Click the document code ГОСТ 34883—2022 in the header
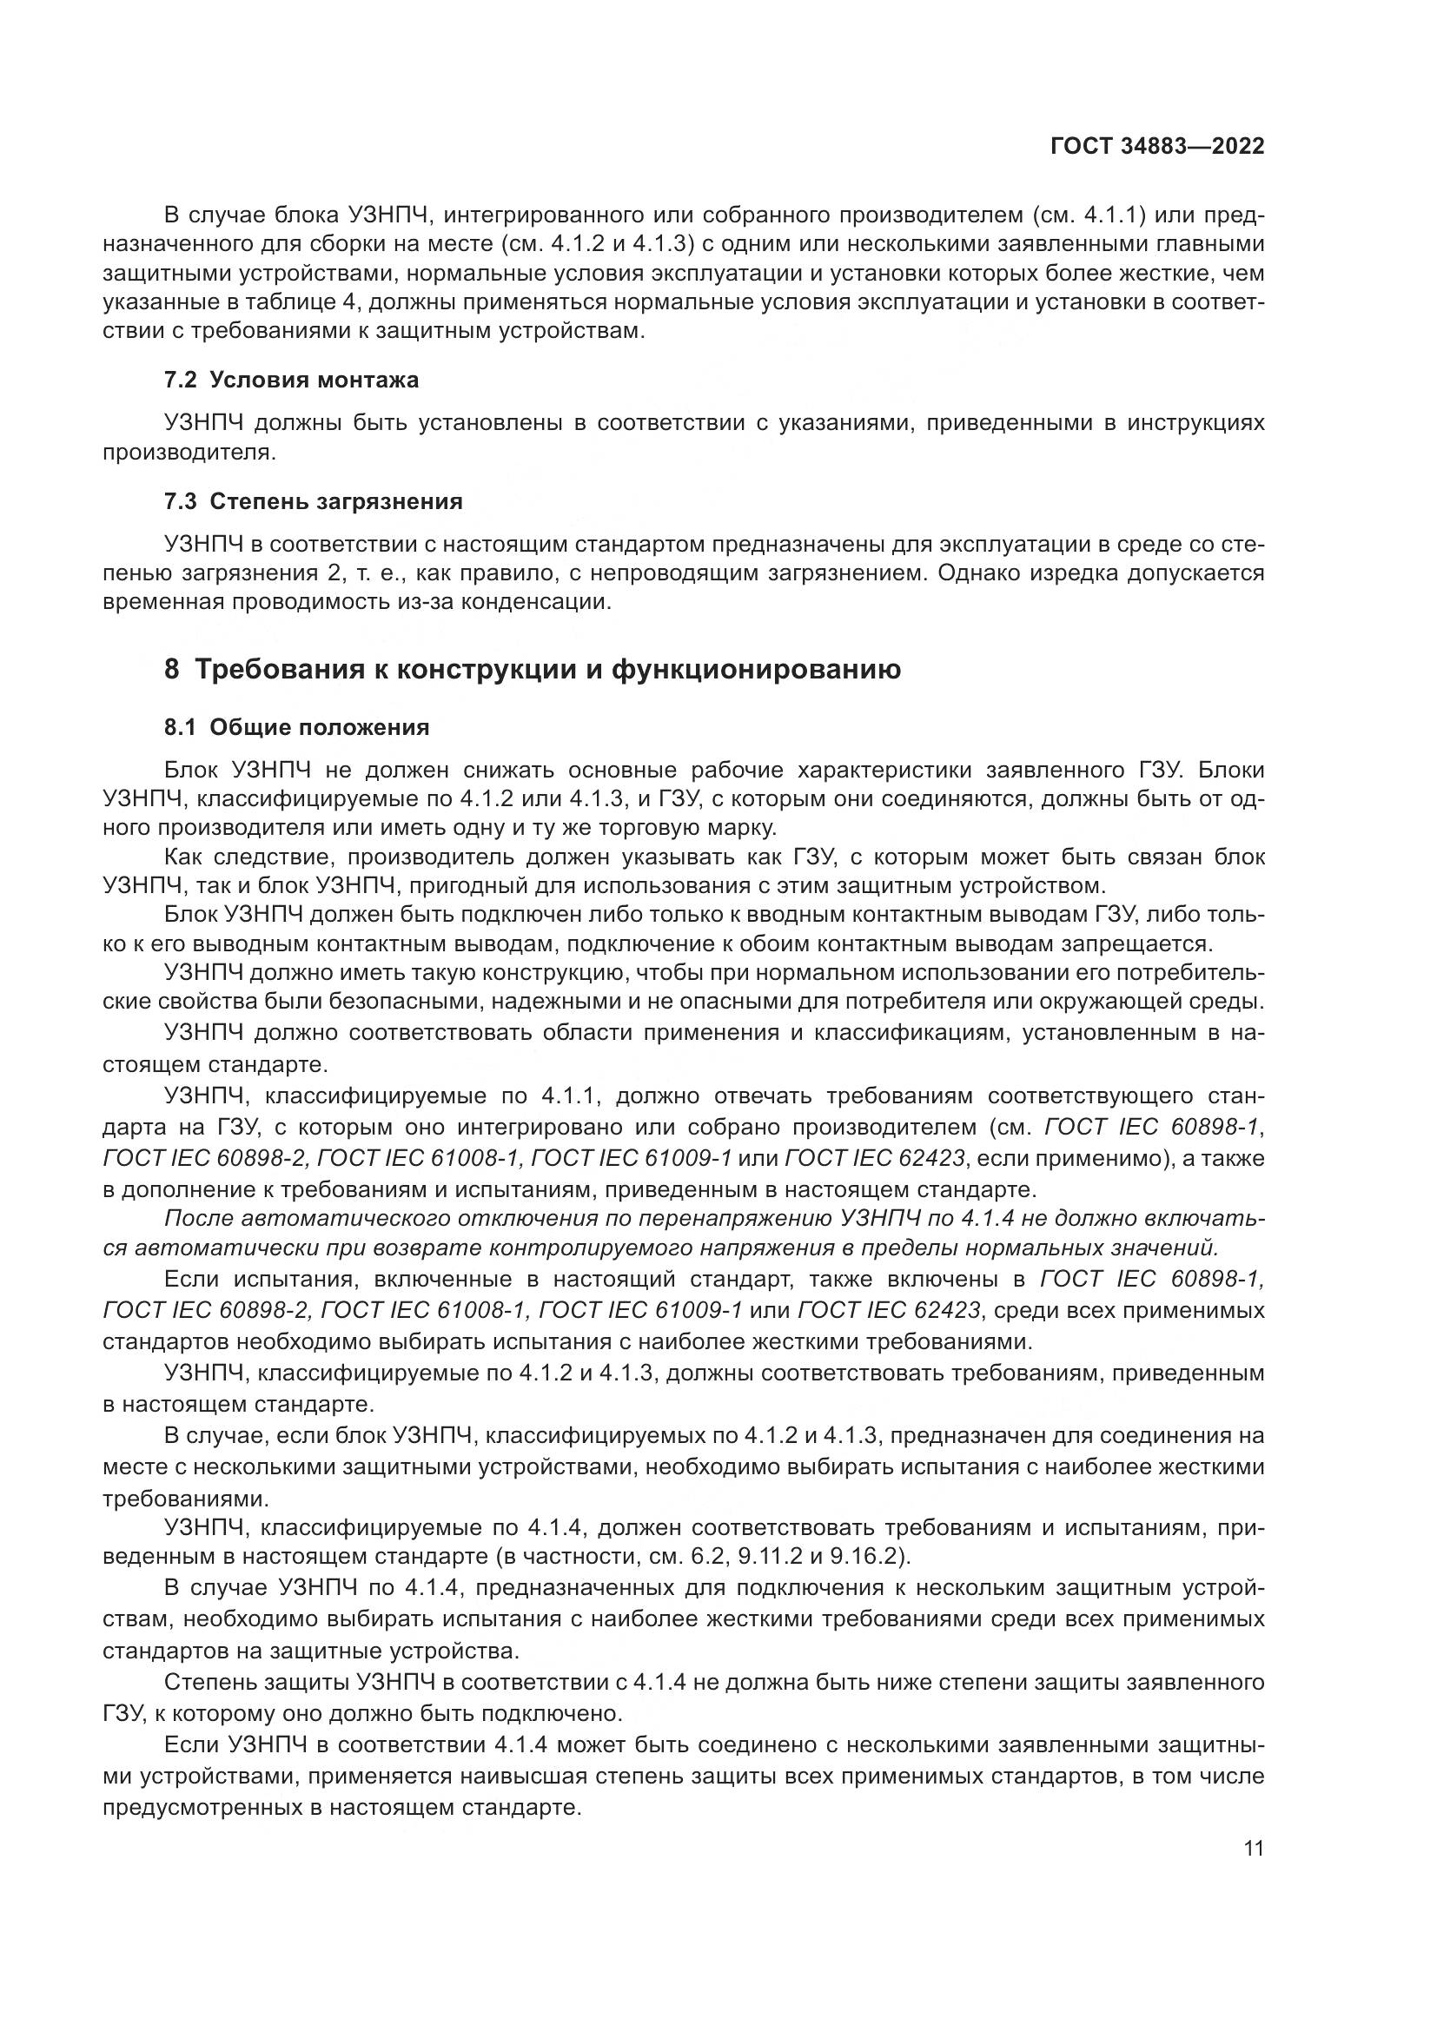(1156, 146)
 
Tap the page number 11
(1254, 1848)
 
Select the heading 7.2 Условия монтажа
(291, 381)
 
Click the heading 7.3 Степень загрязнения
(314, 502)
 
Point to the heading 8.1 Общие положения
(296, 727)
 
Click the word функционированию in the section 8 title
(756, 670)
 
